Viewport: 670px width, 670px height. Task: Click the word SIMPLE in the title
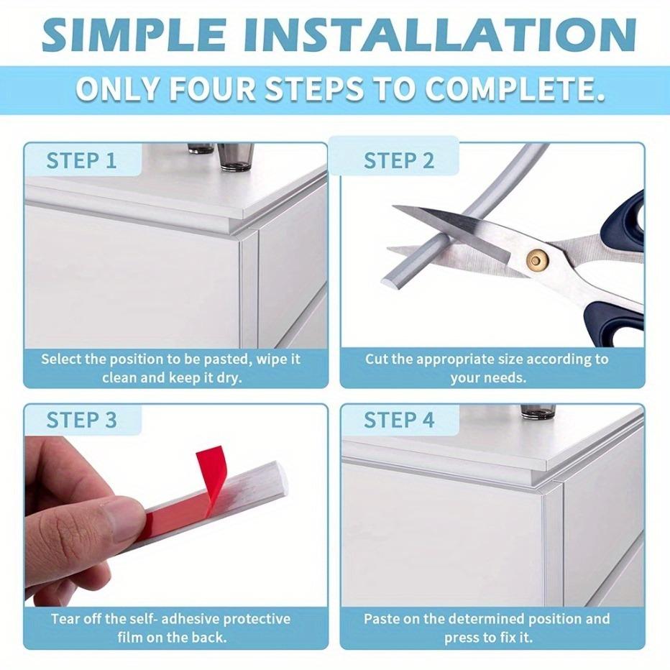[134, 35]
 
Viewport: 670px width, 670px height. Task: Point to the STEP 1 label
[81, 160]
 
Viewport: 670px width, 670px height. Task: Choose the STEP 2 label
[399, 160]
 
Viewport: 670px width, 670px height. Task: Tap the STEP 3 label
[81, 420]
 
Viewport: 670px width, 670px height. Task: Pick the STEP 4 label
[399, 420]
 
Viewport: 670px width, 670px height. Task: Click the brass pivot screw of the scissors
[537, 258]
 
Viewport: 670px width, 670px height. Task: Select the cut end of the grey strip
[388, 280]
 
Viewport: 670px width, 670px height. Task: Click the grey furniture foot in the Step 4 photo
[538, 411]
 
